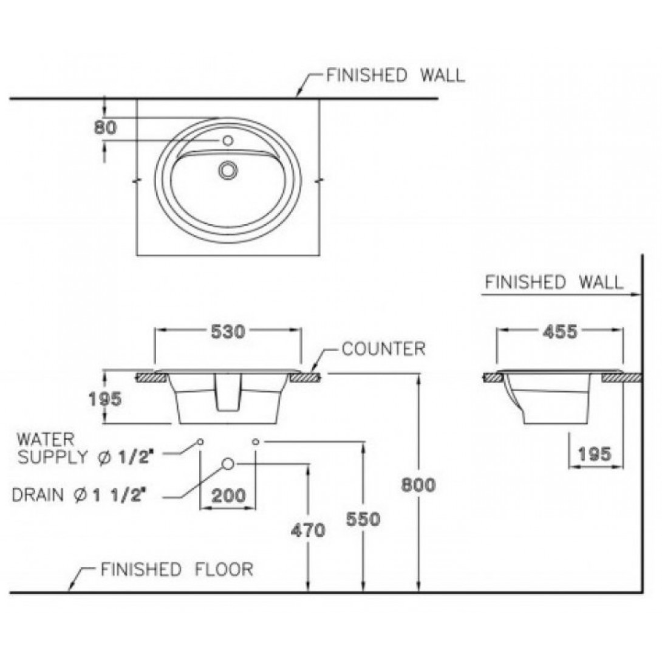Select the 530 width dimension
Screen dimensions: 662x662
(x=228, y=331)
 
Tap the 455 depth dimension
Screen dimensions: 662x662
(x=559, y=331)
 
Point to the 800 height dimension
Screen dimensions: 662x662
(x=418, y=486)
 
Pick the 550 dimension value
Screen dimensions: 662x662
(x=363, y=519)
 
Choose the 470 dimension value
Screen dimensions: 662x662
(x=308, y=530)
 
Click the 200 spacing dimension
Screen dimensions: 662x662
(x=228, y=496)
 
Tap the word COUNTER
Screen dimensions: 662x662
(x=383, y=349)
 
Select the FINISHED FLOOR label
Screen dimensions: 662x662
(x=177, y=570)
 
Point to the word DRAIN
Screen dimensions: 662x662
(x=38, y=494)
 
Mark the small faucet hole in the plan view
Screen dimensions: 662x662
(x=228, y=141)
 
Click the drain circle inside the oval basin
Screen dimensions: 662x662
(x=228, y=169)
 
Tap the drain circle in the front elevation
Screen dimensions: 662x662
(x=228, y=464)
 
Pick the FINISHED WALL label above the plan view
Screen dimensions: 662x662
(x=395, y=76)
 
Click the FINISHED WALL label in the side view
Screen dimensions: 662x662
(x=554, y=282)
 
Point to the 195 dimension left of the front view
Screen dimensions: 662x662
(x=105, y=399)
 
